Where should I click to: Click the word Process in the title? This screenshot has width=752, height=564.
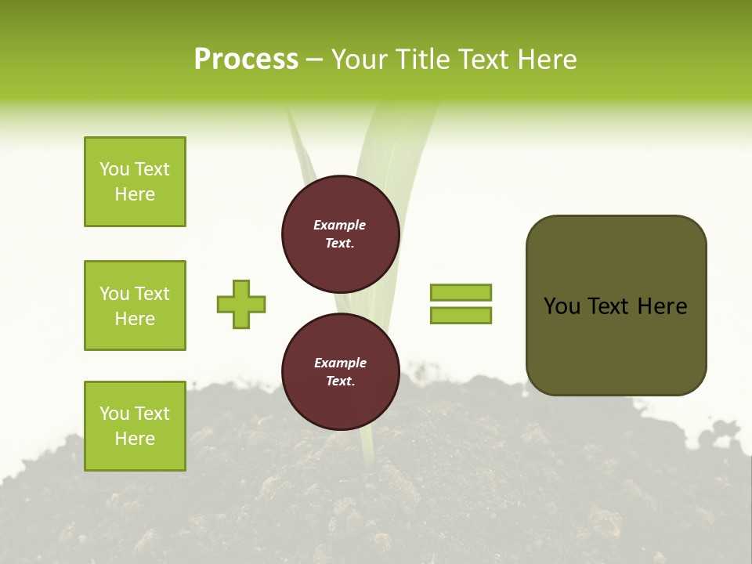tap(246, 60)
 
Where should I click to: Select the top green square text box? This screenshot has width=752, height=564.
tap(135, 182)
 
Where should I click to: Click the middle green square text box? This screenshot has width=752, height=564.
tap(135, 305)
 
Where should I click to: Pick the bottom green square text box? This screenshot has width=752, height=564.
tap(135, 426)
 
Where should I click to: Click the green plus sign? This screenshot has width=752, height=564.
tap(241, 304)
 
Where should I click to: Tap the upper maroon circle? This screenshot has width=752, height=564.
tap(341, 234)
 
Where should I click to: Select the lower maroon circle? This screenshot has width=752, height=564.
tap(341, 372)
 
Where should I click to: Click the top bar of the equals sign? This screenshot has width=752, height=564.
tap(461, 293)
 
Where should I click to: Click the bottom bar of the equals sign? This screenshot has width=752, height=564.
tap(461, 315)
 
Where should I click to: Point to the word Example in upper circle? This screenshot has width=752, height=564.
tap(340, 225)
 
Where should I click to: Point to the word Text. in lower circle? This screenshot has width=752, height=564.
tap(340, 381)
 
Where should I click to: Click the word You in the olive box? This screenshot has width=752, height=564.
tap(562, 306)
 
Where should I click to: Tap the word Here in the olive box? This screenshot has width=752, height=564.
tap(662, 306)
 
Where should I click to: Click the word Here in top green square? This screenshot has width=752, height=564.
tap(135, 194)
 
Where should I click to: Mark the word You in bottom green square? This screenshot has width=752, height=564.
tap(114, 414)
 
